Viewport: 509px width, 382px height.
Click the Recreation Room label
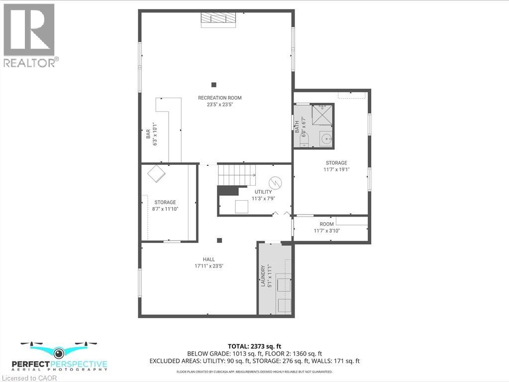(x=219, y=98)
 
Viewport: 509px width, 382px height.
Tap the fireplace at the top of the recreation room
(x=218, y=18)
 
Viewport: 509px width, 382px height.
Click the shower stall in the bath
(x=322, y=115)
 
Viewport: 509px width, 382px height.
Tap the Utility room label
(x=263, y=192)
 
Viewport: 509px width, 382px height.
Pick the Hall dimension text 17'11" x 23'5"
(x=208, y=266)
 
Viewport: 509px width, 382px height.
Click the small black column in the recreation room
(x=213, y=85)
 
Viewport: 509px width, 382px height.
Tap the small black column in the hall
(x=219, y=241)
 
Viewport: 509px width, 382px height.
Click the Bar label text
(x=148, y=134)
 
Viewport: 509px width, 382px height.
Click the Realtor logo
(x=29, y=35)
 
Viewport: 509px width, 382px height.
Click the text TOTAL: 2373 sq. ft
(x=254, y=346)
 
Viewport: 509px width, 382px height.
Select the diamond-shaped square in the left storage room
(x=157, y=174)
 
